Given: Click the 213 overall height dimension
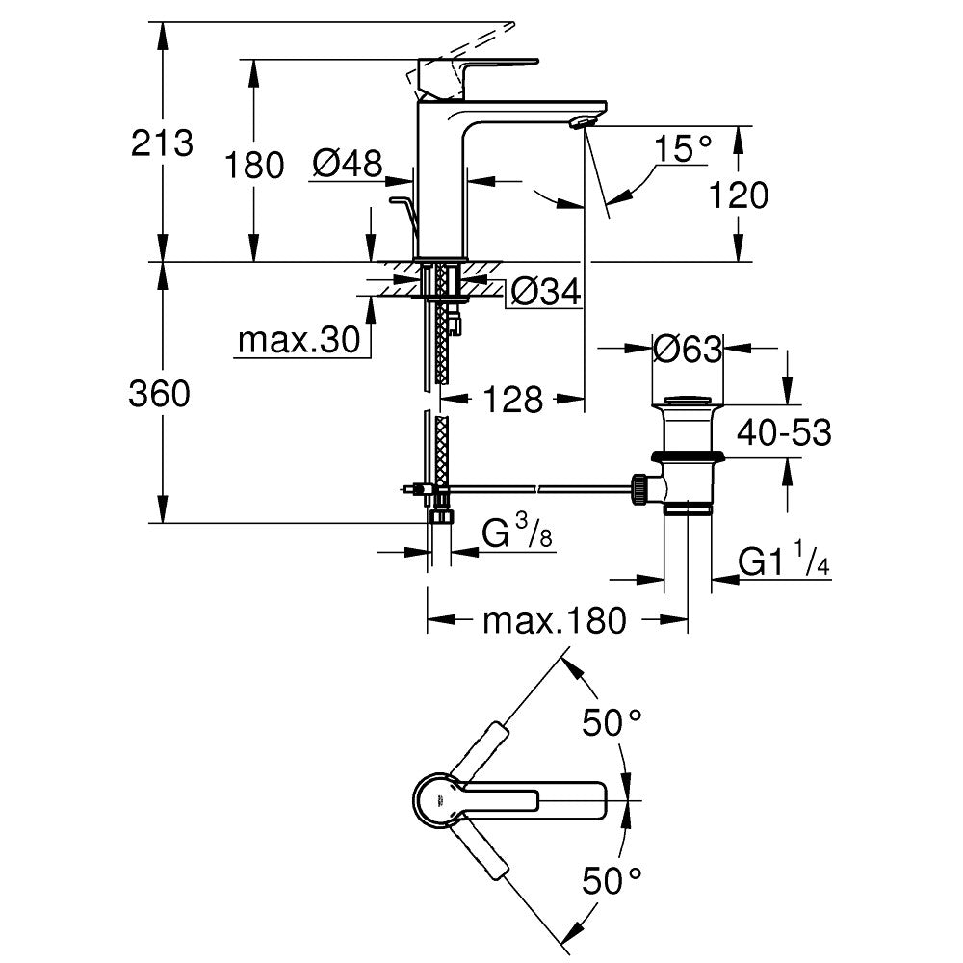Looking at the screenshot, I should (x=163, y=144).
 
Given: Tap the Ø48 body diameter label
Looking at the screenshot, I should (x=347, y=164).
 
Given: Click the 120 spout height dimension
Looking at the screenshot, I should (x=739, y=195).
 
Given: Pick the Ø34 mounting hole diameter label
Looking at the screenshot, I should (x=546, y=292).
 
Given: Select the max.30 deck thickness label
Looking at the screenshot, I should (x=299, y=340).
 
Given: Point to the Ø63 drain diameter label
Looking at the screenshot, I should (x=687, y=349).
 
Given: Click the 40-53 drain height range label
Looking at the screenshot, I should (x=784, y=433).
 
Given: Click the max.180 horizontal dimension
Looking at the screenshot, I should (x=554, y=621).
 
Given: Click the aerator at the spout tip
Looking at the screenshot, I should (x=584, y=121).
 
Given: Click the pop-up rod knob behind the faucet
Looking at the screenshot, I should (x=399, y=201).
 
